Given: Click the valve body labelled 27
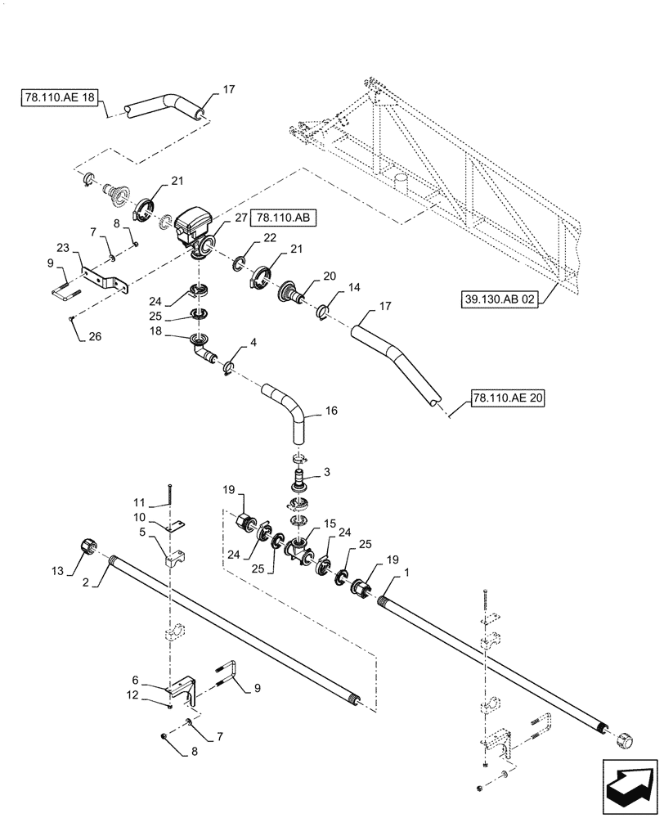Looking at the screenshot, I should pyautogui.click(x=193, y=226).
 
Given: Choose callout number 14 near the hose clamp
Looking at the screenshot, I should pyautogui.click(x=353, y=288).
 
